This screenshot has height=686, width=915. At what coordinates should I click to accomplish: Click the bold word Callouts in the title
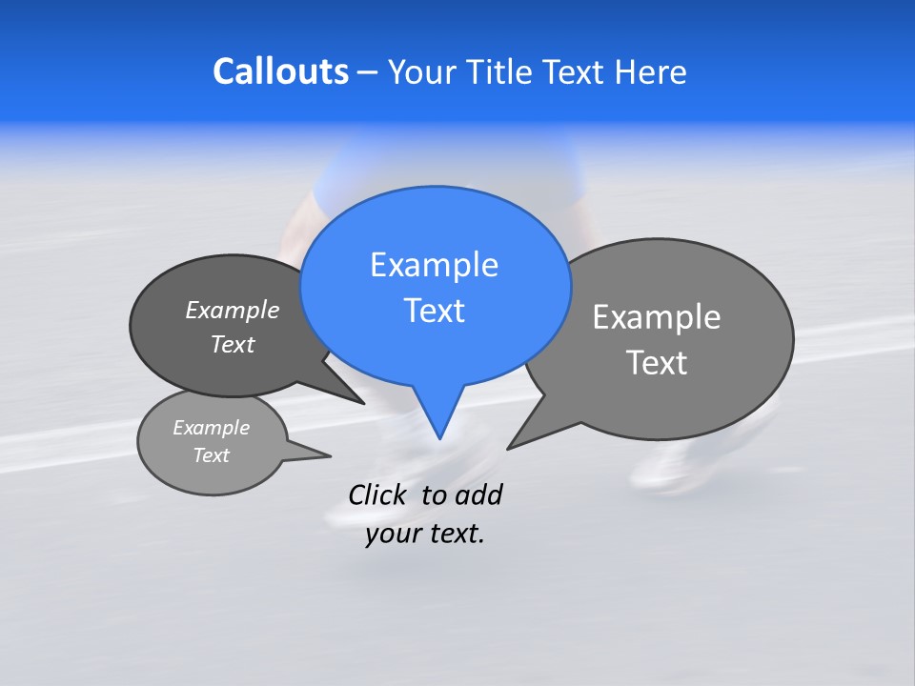click(280, 71)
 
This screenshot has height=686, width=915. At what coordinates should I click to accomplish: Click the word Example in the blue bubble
click(434, 265)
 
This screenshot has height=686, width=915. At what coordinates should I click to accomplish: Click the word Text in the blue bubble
click(434, 311)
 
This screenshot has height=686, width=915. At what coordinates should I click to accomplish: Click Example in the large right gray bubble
click(657, 317)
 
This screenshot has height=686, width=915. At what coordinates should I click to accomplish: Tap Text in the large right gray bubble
click(657, 363)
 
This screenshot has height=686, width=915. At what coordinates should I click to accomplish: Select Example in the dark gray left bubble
click(233, 310)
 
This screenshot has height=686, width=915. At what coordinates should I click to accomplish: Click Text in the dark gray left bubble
click(233, 344)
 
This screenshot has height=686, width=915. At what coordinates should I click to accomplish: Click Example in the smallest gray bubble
click(211, 428)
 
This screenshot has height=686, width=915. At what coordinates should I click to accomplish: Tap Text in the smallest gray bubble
click(211, 455)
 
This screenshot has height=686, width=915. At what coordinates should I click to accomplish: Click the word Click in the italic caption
click(376, 494)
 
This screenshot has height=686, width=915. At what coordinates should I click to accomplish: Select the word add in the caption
click(478, 494)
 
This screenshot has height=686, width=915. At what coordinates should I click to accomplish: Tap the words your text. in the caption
click(425, 534)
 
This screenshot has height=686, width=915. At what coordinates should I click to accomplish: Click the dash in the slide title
click(369, 72)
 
